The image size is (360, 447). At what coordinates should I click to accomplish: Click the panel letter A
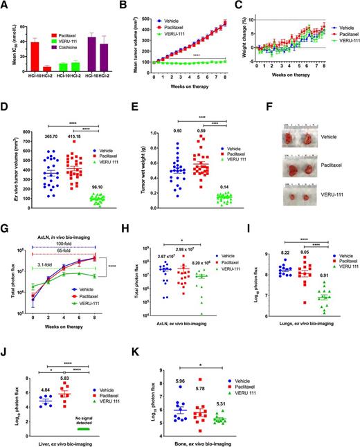coord(6,6)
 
